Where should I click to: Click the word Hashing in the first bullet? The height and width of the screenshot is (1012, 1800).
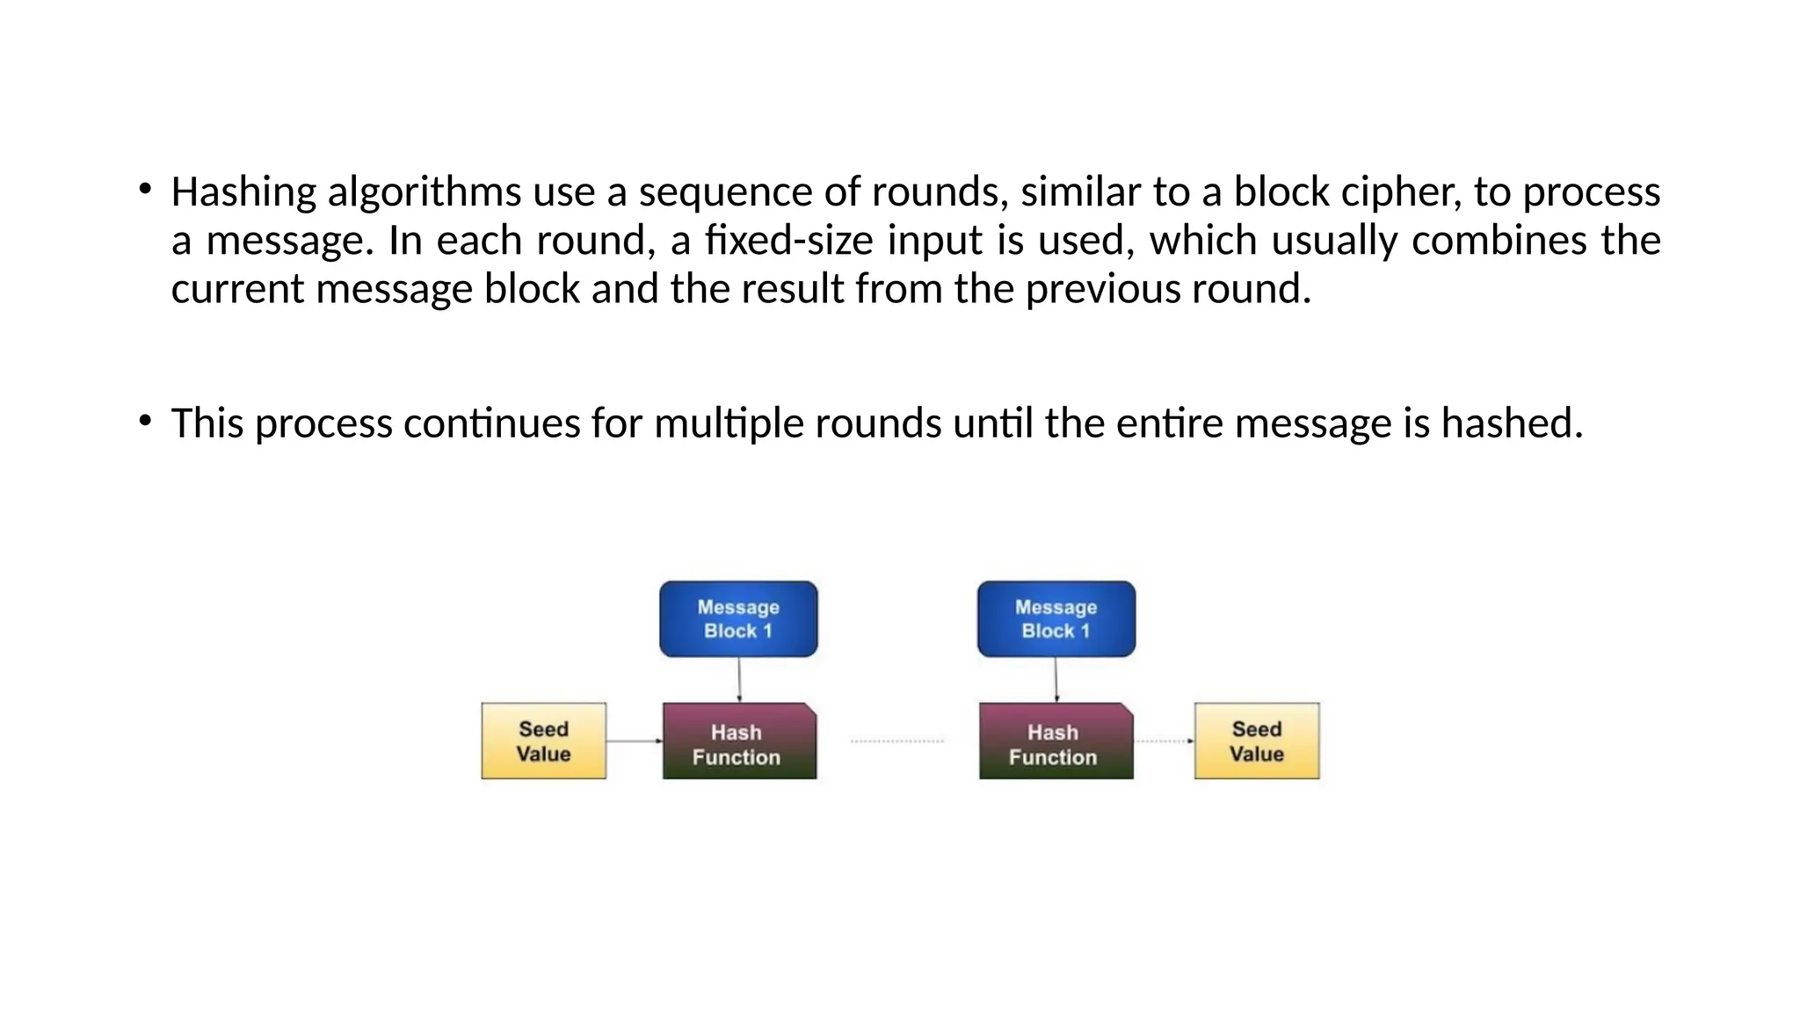pos(243,192)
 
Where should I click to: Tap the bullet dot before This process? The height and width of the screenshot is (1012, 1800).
pos(145,421)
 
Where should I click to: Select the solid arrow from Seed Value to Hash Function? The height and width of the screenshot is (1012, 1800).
pos(634,741)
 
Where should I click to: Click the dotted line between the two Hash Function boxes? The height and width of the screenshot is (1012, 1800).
pos(897,741)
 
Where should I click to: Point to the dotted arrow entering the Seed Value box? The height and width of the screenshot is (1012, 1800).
pos(1164,741)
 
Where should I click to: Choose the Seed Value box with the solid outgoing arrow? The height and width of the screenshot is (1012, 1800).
pos(543,741)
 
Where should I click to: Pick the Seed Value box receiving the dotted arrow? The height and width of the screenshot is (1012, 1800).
pos(1257,741)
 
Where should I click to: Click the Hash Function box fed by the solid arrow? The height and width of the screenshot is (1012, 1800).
pos(739,741)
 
